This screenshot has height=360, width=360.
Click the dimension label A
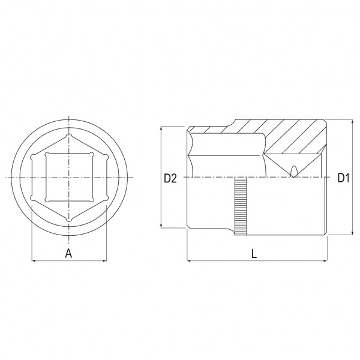68,253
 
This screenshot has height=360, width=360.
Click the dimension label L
254,254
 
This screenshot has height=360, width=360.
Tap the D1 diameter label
343,178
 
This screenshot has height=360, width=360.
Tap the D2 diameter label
170,178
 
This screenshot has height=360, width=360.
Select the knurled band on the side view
241,206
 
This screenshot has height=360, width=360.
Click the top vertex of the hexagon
69,136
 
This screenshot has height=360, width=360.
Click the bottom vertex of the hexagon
69,220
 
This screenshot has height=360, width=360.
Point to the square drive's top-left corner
47,154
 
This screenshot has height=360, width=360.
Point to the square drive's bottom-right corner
92,200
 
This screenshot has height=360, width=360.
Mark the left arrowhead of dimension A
33,260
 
